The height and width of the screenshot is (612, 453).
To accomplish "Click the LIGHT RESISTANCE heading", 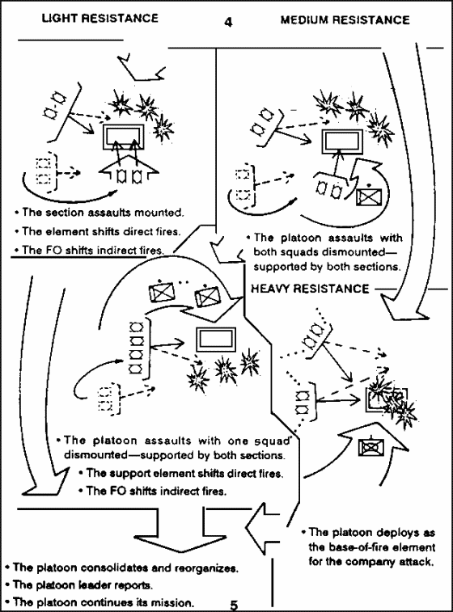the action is click(x=100, y=18).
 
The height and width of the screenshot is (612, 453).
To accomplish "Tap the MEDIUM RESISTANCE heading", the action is click(x=345, y=20).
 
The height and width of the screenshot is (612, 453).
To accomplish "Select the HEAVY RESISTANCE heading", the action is click(x=310, y=289).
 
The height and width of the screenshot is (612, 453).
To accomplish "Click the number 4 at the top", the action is click(x=228, y=22).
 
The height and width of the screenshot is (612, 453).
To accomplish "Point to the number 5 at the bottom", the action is click(x=234, y=605).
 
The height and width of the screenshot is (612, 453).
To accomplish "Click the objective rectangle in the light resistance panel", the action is click(x=124, y=137).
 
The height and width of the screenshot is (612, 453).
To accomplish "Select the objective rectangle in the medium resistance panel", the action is click(x=342, y=142).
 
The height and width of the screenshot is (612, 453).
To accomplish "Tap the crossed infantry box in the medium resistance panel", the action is click(x=369, y=196).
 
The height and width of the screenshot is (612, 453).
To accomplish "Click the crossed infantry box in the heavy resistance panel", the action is click(x=370, y=447).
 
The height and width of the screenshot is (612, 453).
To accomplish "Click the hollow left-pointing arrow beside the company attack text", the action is click(x=262, y=529).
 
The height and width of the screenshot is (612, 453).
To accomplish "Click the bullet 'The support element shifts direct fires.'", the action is click(x=181, y=474).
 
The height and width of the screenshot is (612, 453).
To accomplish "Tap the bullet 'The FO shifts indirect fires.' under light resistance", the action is click(x=89, y=250).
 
